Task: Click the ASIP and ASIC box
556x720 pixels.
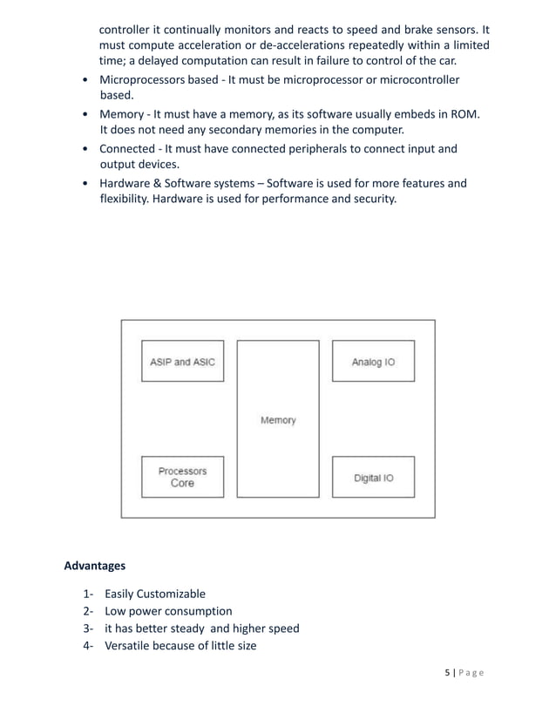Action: click(x=182, y=362)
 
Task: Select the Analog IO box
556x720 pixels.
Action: click(x=373, y=362)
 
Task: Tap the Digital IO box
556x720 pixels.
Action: click(x=373, y=478)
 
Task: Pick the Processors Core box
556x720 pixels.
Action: click(x=182, y=477)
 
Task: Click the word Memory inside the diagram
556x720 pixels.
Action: click(x=278, y=420)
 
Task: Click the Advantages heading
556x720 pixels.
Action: click(x=95, y=566)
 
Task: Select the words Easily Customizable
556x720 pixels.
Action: click(x=155, y=594)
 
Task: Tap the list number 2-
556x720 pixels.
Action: click(x=89, y=611)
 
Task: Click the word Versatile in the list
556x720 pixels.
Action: click(x=131, y=646)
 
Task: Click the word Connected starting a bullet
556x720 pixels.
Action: click(x=128, y=148)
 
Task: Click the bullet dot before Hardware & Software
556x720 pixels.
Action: click(x=83, y=184)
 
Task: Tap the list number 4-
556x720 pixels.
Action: click(x=89, y=646)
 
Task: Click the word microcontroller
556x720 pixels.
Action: click(x=408, y=80)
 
